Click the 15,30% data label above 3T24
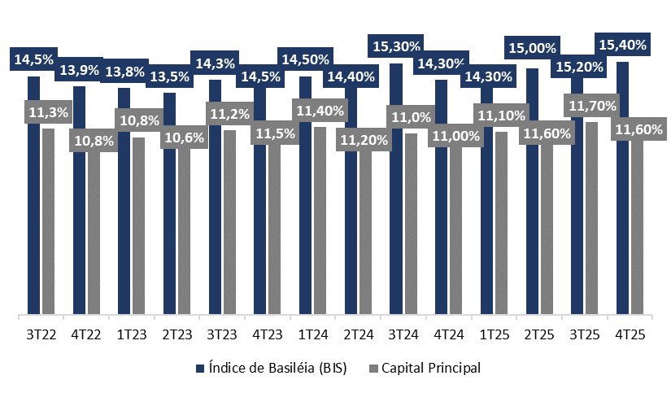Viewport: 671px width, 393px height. [396, 46]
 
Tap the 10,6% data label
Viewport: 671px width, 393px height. [184, 137]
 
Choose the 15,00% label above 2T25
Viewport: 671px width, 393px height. [532, 49]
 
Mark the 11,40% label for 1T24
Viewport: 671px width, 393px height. [320, 110]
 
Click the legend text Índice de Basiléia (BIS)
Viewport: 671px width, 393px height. [277, 369]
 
